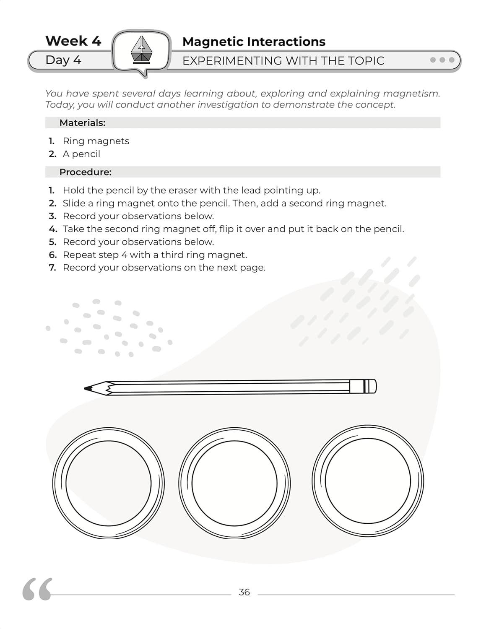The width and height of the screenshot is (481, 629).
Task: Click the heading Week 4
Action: (73, 41)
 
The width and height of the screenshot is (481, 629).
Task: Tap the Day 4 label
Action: (63, 60)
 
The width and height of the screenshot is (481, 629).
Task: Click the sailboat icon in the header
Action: (141, 50)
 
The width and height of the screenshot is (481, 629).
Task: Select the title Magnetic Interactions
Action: (254, 42)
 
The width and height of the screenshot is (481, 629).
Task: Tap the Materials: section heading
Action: (82, 123)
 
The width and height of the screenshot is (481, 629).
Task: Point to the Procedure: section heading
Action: (85, 172)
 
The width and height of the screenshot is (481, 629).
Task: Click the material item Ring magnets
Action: (96, 141)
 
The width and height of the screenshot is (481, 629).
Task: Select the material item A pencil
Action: (81, 154)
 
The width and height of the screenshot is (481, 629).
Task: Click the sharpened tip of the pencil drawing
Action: (88, 389)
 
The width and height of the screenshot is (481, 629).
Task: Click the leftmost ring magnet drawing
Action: (108, 483)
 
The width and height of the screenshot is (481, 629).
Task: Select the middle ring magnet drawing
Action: (234, 483)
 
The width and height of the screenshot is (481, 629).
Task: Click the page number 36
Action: (244, 592)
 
